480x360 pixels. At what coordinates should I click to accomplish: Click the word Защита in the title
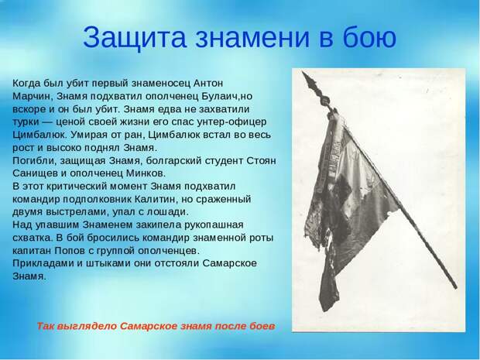(x=134, y=38)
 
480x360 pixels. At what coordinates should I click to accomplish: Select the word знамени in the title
(x=252, y=38)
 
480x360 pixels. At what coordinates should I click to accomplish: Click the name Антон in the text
(x=208, y=83)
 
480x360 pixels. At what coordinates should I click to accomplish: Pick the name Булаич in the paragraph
(x=219, y=96)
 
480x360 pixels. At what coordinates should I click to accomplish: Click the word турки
(x=26, y=122)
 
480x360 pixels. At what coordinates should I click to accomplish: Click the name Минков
(x=146, y=173)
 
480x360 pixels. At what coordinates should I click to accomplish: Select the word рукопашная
(x=214, y=225)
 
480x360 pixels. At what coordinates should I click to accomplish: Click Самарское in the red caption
(x=149, y=327)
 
